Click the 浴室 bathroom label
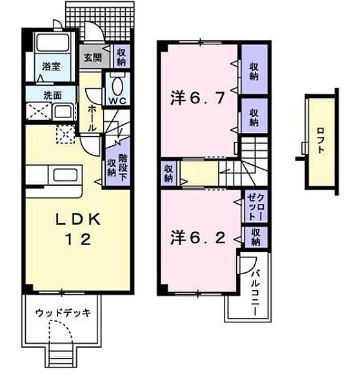point(51,66)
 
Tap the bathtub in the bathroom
point(52,43)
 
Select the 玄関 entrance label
point(93,58)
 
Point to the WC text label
point(117,101)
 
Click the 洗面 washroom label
point(53,95)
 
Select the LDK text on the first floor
point(78,219)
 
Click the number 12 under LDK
point(78,239)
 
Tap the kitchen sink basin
point(65,175)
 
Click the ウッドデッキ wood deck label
point(63,313)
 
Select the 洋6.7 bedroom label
point(197,98)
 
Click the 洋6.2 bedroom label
point(198,238)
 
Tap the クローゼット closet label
point(255,207)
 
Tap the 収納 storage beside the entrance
point(121,57)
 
